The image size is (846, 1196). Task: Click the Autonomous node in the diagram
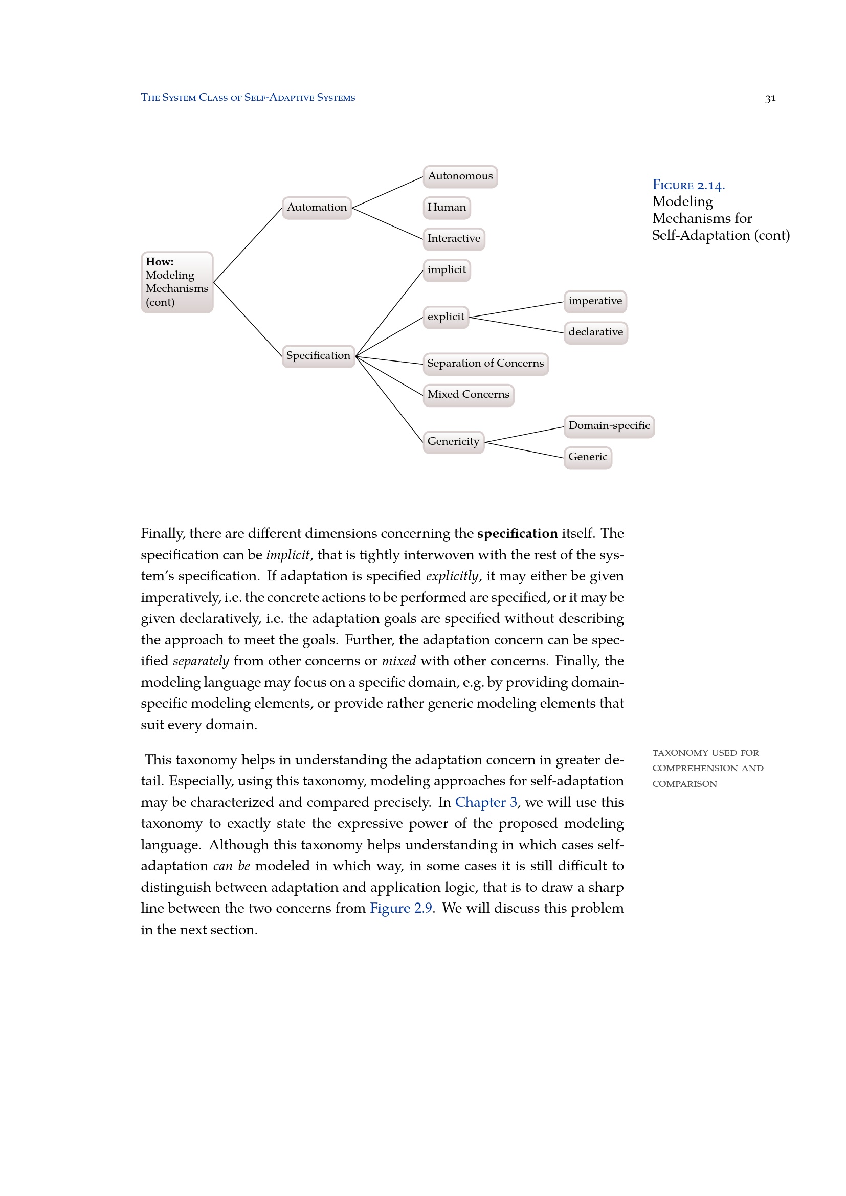[x=460, y=176]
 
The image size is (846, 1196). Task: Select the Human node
[x=447, y=208]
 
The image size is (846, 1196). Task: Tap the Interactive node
[x=454, y=239]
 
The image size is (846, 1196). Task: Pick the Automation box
[x=317, y=208]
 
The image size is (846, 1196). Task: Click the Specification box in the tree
[x=318, y=356]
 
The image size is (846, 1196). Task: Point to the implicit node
[x=447, y=270]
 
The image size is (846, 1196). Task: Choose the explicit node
[x=446, y=317]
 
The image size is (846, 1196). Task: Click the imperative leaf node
[x=595, y=302]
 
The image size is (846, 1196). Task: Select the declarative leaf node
[x=595, y=333]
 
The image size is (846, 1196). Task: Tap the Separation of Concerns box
[x=485, y=364]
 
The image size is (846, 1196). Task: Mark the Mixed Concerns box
[x=469, y=395]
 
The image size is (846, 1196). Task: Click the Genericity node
[x=453, y=442]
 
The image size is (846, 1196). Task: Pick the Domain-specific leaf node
[x=609, y=426]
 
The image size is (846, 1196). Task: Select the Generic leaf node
[x=588, y=458]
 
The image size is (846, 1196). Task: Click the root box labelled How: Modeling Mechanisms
[x=177, y=282]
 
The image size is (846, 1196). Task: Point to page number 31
[x=770, y=99]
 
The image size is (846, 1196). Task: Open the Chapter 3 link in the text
[x=486, y=802]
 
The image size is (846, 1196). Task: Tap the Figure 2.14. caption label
[x=688, y=186]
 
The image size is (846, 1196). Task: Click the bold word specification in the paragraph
[x=517, y=533]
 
